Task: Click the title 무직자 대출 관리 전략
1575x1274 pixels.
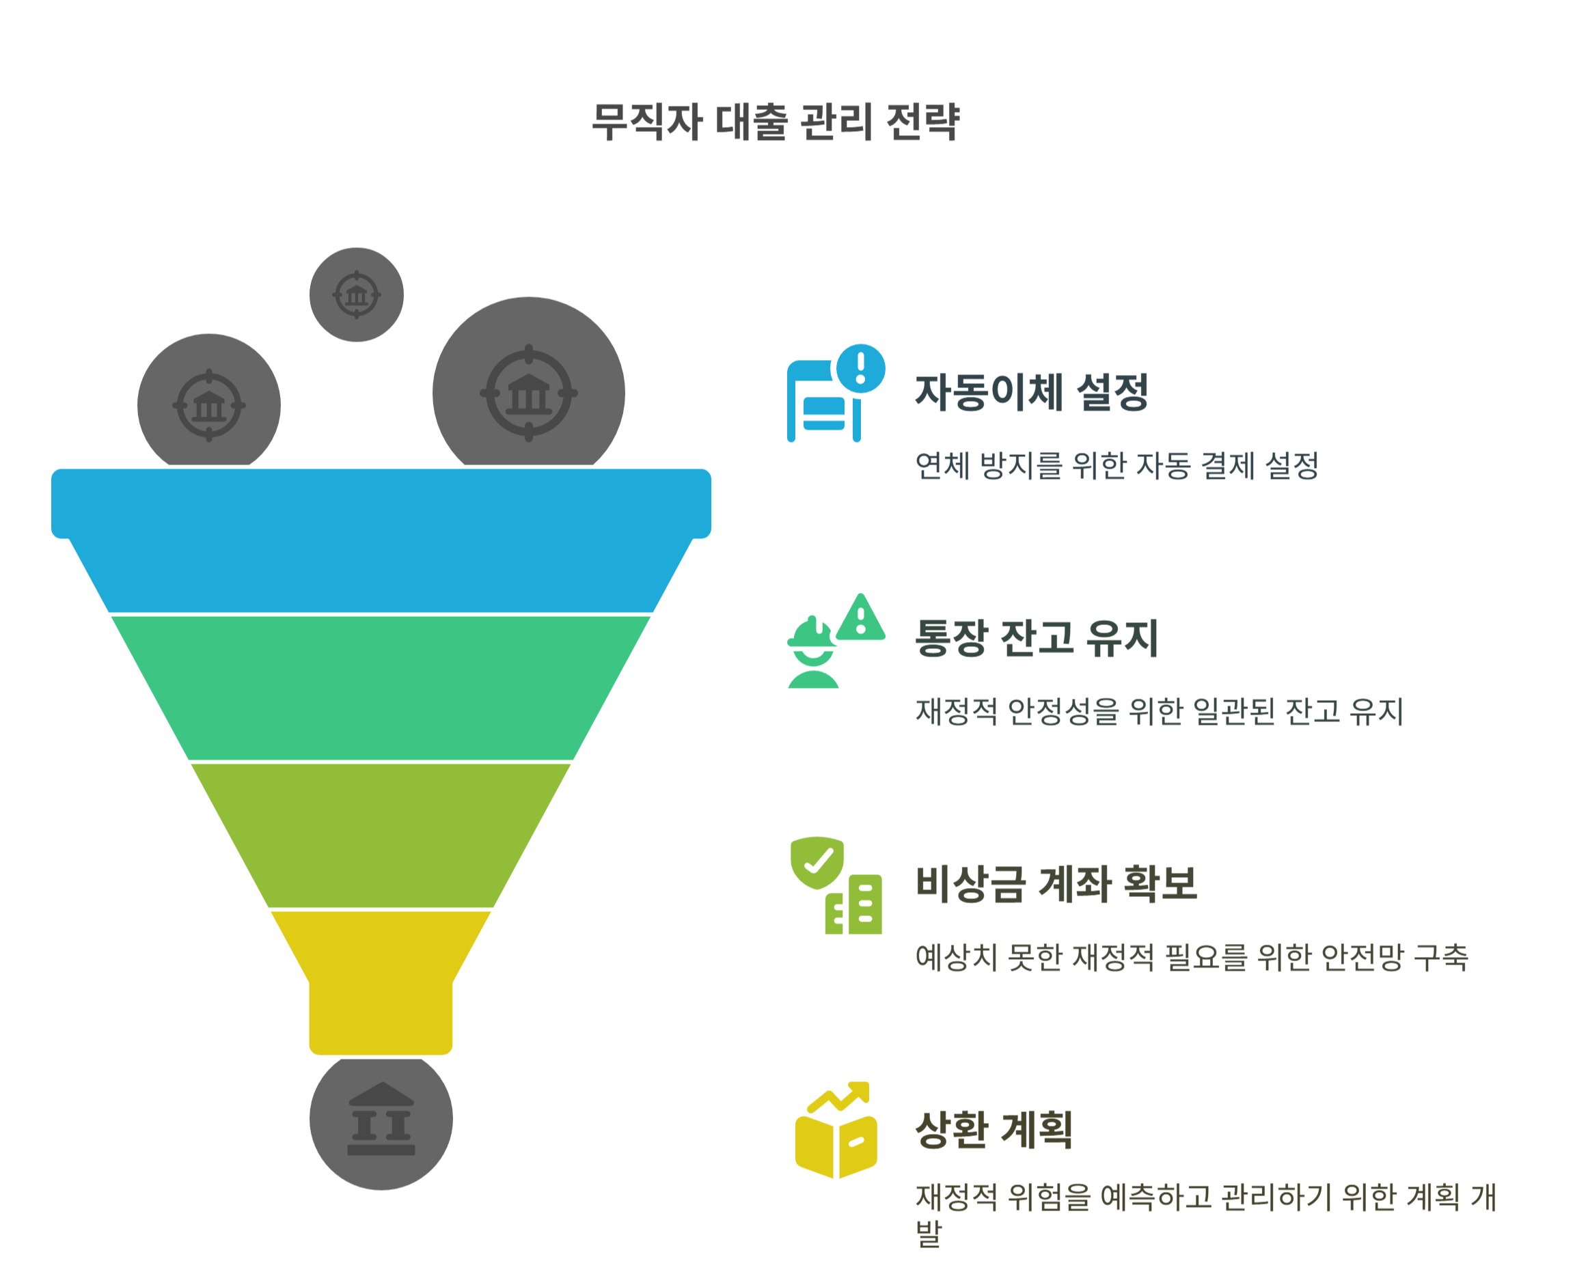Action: point(775,122)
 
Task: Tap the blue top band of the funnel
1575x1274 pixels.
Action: point(381,540)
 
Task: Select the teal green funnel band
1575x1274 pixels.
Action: point(381,687)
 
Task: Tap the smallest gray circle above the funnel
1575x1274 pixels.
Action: point(357,294)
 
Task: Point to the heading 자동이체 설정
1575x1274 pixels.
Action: point(1030,393)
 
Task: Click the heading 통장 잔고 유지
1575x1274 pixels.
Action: point(1036,638)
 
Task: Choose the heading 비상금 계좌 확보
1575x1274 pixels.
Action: point(1056,883)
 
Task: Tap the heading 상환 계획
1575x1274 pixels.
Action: point(994,1129)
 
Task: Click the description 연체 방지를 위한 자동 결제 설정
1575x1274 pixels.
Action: point(1117,466)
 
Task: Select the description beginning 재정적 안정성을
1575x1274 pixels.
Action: point(1159,711)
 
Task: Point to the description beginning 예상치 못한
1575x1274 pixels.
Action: point(1191,957)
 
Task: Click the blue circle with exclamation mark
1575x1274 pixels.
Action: point(861,368)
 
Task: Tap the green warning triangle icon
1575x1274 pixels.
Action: point(861,619)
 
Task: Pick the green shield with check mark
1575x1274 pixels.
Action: point(817,861)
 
